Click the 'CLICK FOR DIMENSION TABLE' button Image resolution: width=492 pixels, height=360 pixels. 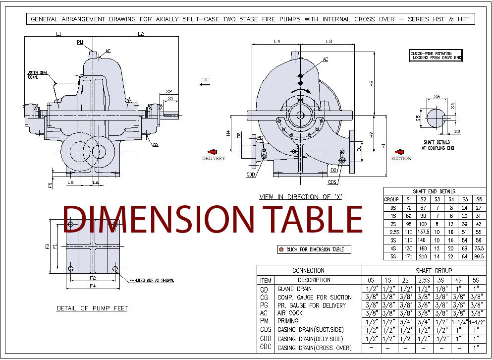pos(314,249)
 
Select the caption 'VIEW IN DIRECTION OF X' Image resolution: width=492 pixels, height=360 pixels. pos(301,197)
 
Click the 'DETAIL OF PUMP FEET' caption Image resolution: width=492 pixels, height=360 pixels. pos(92,308)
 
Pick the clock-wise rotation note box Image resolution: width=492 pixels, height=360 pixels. pos(436,55)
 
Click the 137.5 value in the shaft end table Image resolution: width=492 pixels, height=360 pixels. pos(423,232)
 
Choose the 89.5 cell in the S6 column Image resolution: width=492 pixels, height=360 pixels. pos(479,256)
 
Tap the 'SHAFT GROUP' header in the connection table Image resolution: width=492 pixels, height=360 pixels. pos(424,271)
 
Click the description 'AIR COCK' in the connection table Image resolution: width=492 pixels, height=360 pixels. pos(290,313)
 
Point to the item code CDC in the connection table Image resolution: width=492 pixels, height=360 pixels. pos(266,348)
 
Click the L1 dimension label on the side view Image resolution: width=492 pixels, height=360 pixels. pos(58,34)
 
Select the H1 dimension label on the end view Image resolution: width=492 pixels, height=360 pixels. pos(383,146)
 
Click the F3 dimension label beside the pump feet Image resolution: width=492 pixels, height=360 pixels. pos(48,246)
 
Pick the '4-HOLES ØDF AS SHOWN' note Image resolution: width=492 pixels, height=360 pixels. pos(152,281)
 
